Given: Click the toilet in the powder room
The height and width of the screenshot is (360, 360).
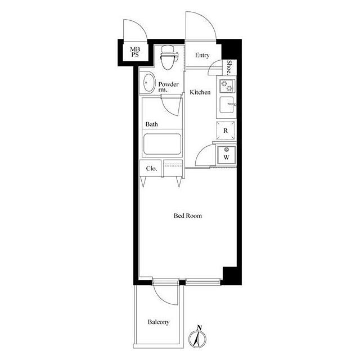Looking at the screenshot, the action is [x=169, y=57].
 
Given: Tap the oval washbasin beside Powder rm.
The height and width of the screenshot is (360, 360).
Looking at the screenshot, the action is [x=148, y=83].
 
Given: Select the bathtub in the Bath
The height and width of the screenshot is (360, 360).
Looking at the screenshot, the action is [x=162, y=144].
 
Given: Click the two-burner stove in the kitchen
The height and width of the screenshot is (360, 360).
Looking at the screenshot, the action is [x=227, y=86].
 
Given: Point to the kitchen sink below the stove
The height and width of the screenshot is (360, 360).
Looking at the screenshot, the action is [x=227, y=105].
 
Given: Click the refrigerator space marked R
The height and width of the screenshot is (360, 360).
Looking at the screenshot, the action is [x=226, y=130].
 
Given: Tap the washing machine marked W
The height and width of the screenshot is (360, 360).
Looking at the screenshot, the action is [x=227, y=155].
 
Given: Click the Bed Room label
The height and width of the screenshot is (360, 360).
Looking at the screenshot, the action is [x=188, y=215].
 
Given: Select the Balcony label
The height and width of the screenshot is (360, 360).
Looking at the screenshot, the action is [x=159, y=322].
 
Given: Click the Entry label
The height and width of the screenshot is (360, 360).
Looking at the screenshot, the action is [x=202, y=55].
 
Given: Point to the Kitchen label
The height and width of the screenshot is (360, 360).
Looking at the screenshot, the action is [x=200, y=92].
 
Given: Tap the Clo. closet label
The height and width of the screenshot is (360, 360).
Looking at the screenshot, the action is [x=152, y=169].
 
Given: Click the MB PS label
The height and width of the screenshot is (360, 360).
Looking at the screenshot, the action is [x=135, y=52].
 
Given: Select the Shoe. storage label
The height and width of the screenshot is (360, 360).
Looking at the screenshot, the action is [x=229, y=67].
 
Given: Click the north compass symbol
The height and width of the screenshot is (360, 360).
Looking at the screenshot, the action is [x=197, y=337].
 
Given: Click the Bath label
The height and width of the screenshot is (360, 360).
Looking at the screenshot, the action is [x=151, y=124].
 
